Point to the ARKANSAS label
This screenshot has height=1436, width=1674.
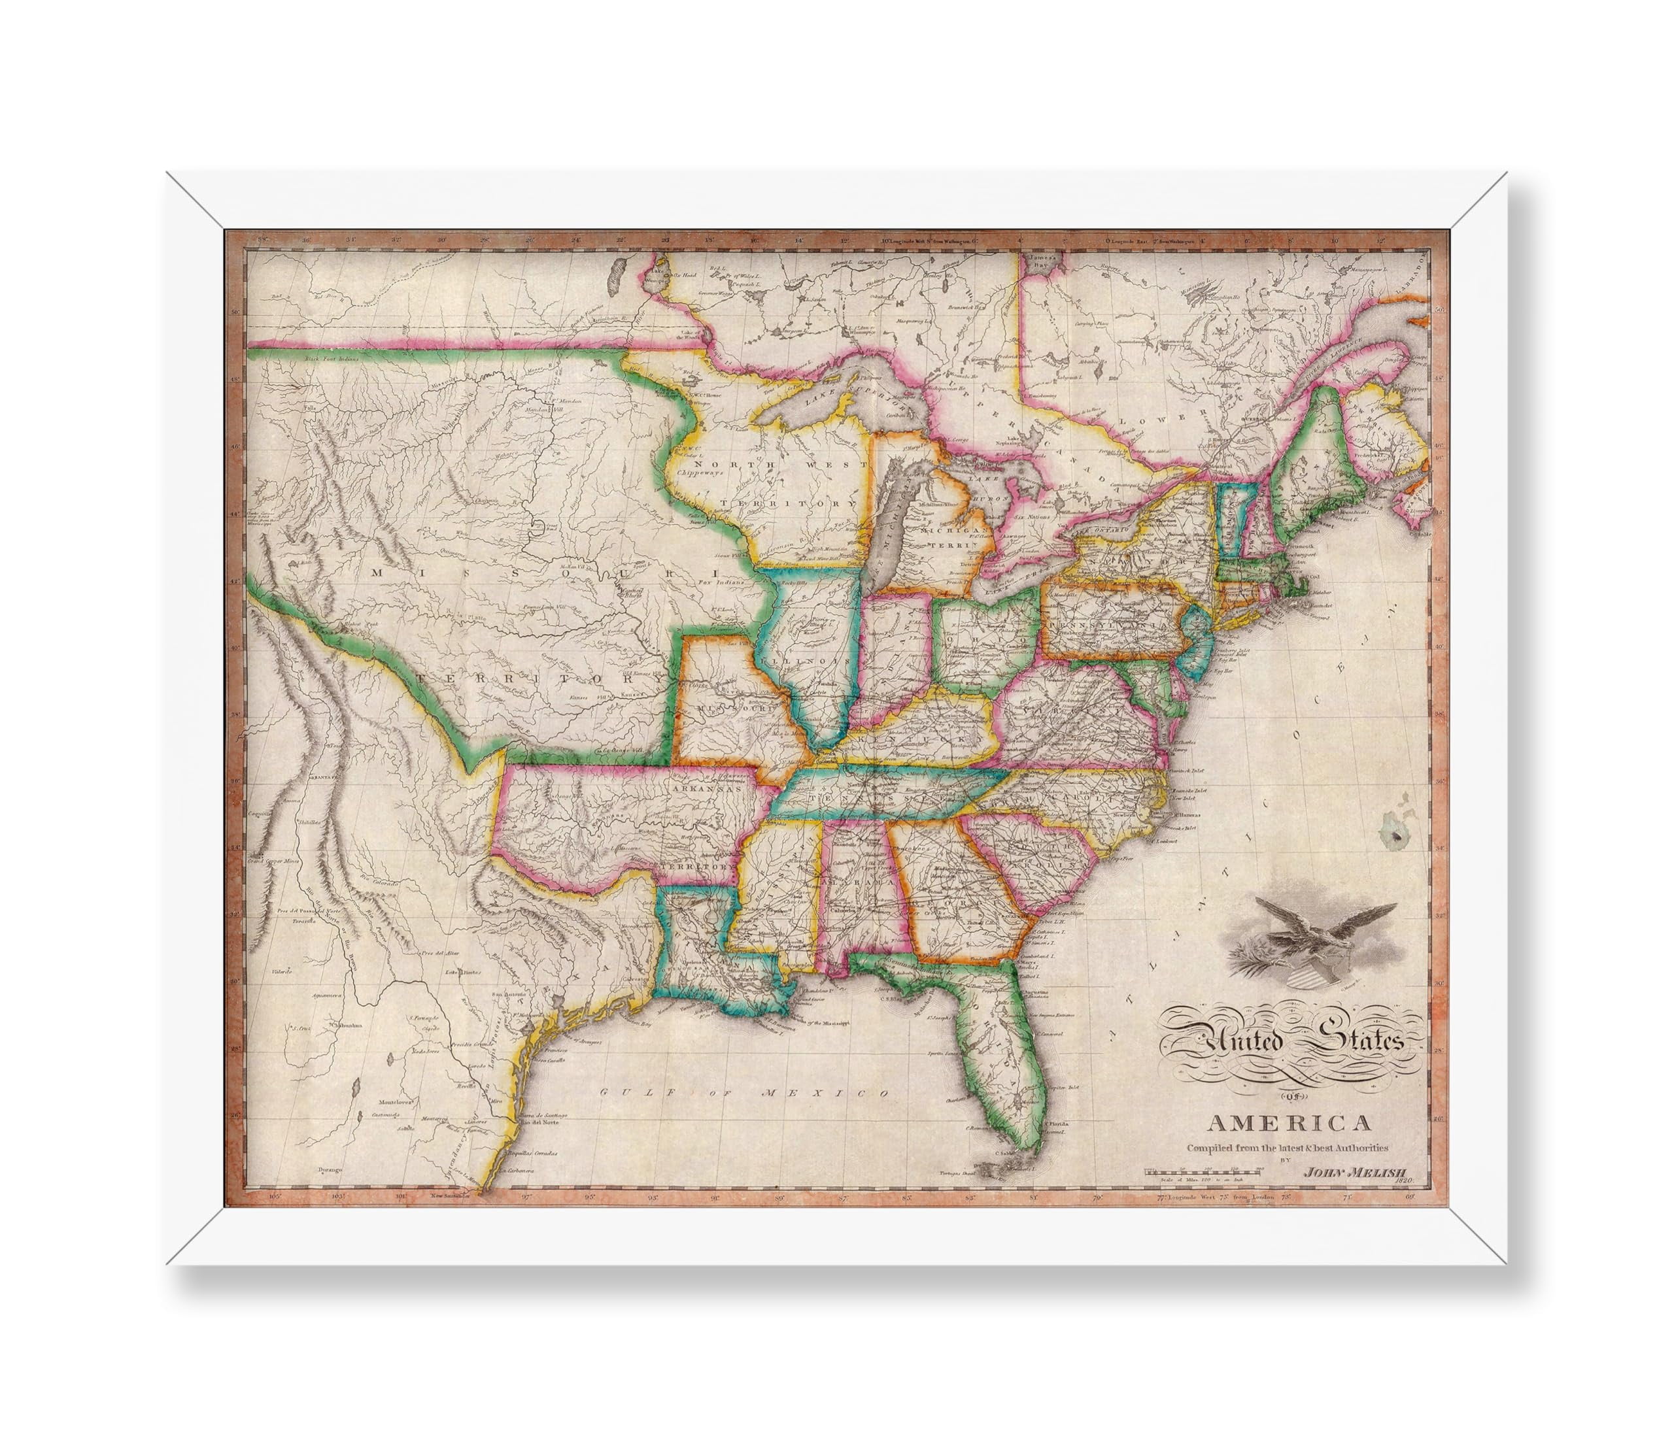click(708, 792)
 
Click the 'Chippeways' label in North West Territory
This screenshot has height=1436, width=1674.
click(703, 471)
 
